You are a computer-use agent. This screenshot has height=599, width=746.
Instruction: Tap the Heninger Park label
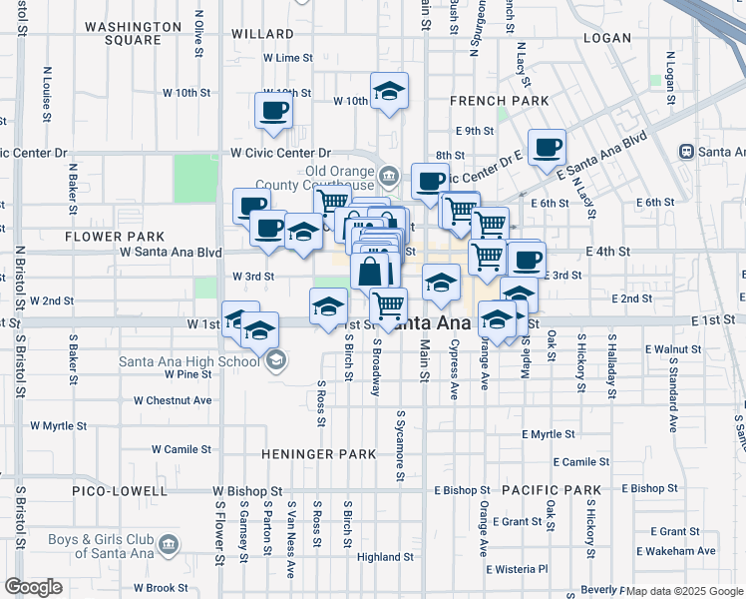319,454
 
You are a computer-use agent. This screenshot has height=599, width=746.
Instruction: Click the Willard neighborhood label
262,33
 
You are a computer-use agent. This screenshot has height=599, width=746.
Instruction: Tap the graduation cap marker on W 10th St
389,92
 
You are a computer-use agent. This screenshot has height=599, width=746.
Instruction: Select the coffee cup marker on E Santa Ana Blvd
546,148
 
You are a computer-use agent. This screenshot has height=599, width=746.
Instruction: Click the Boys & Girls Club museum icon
168,545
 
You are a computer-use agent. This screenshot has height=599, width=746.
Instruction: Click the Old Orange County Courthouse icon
389,178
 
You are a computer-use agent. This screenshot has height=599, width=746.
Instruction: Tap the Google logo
33,587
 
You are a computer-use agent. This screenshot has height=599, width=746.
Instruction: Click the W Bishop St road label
247,491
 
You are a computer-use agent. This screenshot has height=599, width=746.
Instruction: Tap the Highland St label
385,557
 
